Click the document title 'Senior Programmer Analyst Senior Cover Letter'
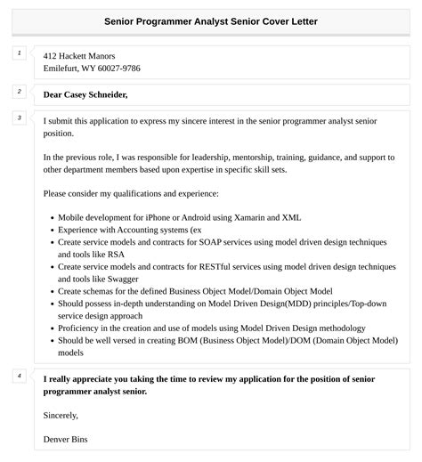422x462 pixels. (210, 20)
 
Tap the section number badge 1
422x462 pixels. (19, 53)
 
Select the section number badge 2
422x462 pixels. (19, 91)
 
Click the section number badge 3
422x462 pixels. (19, 118)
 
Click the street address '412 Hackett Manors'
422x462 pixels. (79, 56)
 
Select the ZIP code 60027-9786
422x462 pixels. (118, 69)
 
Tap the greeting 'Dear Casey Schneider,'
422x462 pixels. (85, 94)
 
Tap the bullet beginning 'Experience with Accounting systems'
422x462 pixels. (130, 229)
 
